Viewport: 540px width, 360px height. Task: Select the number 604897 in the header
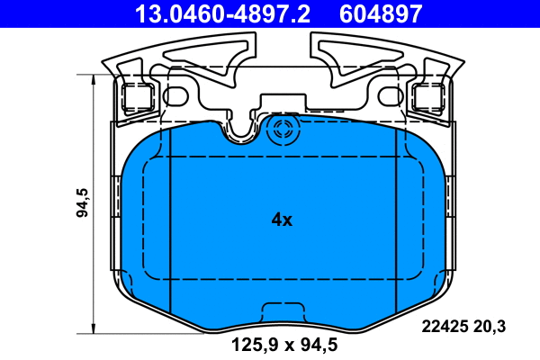pos(379,13)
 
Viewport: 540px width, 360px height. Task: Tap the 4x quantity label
pos(282,219)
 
